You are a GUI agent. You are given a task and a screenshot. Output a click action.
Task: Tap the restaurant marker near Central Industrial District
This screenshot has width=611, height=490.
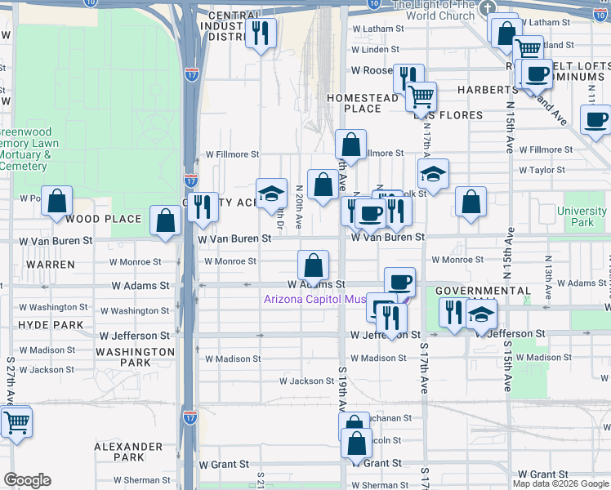(x=261, y=33)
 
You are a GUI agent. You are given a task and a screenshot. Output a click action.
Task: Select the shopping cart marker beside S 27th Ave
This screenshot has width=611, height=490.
(x=16, y=422)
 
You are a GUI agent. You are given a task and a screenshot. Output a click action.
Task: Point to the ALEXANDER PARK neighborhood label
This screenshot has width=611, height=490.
(x=128, y=452)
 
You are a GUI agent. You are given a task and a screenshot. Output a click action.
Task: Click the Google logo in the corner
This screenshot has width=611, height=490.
(x=28, y=480)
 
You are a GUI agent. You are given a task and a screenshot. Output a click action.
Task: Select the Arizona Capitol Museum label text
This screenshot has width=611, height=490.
(x=314, y=299)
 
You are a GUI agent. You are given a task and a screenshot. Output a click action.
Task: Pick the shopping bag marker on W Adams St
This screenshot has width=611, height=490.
(x=313, y=265)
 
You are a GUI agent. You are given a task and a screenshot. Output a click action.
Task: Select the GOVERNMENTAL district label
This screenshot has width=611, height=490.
(x=484, y=291)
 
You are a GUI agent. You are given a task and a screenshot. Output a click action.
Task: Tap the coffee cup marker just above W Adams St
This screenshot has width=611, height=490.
(x=399, y=282)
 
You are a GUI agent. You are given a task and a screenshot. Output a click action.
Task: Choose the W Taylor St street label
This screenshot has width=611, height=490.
(x=542, y=170)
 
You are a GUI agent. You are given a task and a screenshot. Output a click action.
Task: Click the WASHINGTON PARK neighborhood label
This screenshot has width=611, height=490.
(x=135, y=357)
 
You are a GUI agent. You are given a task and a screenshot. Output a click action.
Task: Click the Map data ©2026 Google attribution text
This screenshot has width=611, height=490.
(x=560, y=483)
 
